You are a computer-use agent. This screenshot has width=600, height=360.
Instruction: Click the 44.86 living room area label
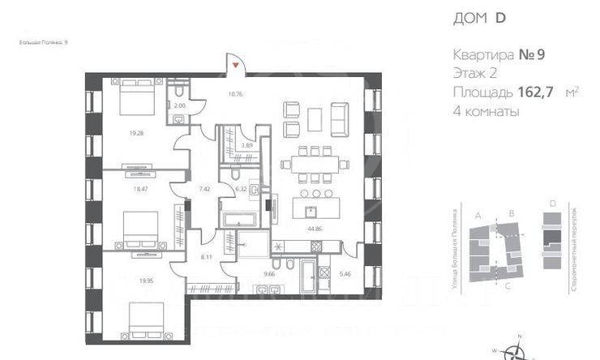(311, 229)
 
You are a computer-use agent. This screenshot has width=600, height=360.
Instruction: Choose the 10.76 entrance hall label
(235, 93)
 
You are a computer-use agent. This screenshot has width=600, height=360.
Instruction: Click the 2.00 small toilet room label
(180, 105)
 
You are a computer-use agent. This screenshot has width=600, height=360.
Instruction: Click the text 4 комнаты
(486, 112)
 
